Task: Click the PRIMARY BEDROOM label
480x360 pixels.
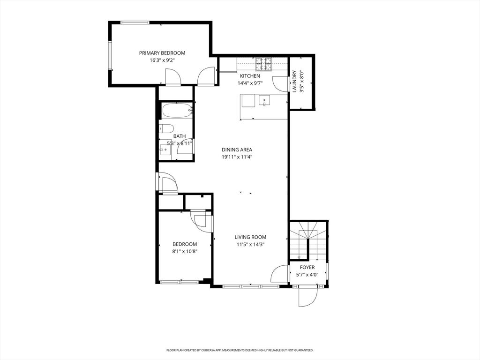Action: pos(162,53)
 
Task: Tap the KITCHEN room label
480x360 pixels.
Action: pos(250,76)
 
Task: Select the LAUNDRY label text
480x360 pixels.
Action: pos(294,81)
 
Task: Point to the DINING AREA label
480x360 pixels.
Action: pos(237,150)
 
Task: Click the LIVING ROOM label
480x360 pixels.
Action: pos(251,237)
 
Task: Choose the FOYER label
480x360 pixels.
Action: pos(307,267)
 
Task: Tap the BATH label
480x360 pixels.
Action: pos(180,136)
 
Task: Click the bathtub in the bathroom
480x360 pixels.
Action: pos(177,111)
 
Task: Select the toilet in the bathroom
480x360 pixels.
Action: pos(167,128)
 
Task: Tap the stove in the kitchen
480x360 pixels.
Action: pos(264,63)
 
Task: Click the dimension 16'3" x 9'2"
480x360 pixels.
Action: pos(162,60)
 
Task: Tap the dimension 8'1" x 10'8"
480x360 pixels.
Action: pos(184,251)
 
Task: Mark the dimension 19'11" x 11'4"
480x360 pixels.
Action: pos(237,157)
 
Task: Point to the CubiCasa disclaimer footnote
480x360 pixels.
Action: pos(240,350)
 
